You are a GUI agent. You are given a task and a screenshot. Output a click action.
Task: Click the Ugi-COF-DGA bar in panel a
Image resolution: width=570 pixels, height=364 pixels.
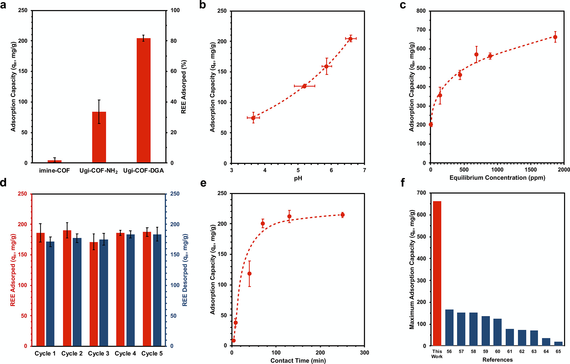coord(144,100)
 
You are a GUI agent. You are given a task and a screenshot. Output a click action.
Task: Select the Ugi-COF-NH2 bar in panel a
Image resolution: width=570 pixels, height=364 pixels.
coord(99,137)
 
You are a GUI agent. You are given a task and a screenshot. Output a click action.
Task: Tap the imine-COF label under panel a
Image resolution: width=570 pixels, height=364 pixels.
coord(54,171)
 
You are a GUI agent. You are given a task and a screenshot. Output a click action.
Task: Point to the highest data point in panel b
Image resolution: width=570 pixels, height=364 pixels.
coord(350,39)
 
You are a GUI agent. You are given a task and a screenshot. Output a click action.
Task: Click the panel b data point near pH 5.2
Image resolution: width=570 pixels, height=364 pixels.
coord(304,86)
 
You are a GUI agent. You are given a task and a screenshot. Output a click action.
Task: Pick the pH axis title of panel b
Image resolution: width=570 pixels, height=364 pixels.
coord(298,178)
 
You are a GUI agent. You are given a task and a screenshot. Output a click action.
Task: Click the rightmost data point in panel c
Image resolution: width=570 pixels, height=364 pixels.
coord(555,37)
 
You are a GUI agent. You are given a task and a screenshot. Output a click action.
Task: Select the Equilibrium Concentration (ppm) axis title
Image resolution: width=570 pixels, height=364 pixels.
coord(497,178)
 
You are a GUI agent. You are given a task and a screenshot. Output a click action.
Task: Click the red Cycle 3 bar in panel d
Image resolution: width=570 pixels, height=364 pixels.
coord(94,294)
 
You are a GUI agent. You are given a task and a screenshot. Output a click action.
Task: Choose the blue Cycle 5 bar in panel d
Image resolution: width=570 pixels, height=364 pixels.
coord(157,290)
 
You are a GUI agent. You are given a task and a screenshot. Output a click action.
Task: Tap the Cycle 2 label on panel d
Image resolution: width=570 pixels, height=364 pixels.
coord(72,353)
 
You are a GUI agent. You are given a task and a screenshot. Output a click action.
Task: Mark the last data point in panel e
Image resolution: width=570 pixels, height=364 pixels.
coord(343,215)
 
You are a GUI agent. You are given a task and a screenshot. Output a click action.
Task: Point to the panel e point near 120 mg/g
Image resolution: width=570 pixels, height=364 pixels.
coord(249,274)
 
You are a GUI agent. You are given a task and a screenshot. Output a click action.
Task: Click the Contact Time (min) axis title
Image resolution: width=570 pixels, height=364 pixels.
coord(298,360)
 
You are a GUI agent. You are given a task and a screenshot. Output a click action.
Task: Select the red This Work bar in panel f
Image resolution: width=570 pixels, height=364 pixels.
coord(437,273)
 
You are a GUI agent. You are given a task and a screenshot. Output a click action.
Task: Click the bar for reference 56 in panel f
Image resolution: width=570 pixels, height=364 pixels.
coord(449,327)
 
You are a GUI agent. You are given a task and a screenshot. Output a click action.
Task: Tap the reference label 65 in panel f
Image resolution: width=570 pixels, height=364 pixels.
coord(558,352)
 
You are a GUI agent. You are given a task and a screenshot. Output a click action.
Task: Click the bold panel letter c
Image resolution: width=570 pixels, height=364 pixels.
coord(403,5)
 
